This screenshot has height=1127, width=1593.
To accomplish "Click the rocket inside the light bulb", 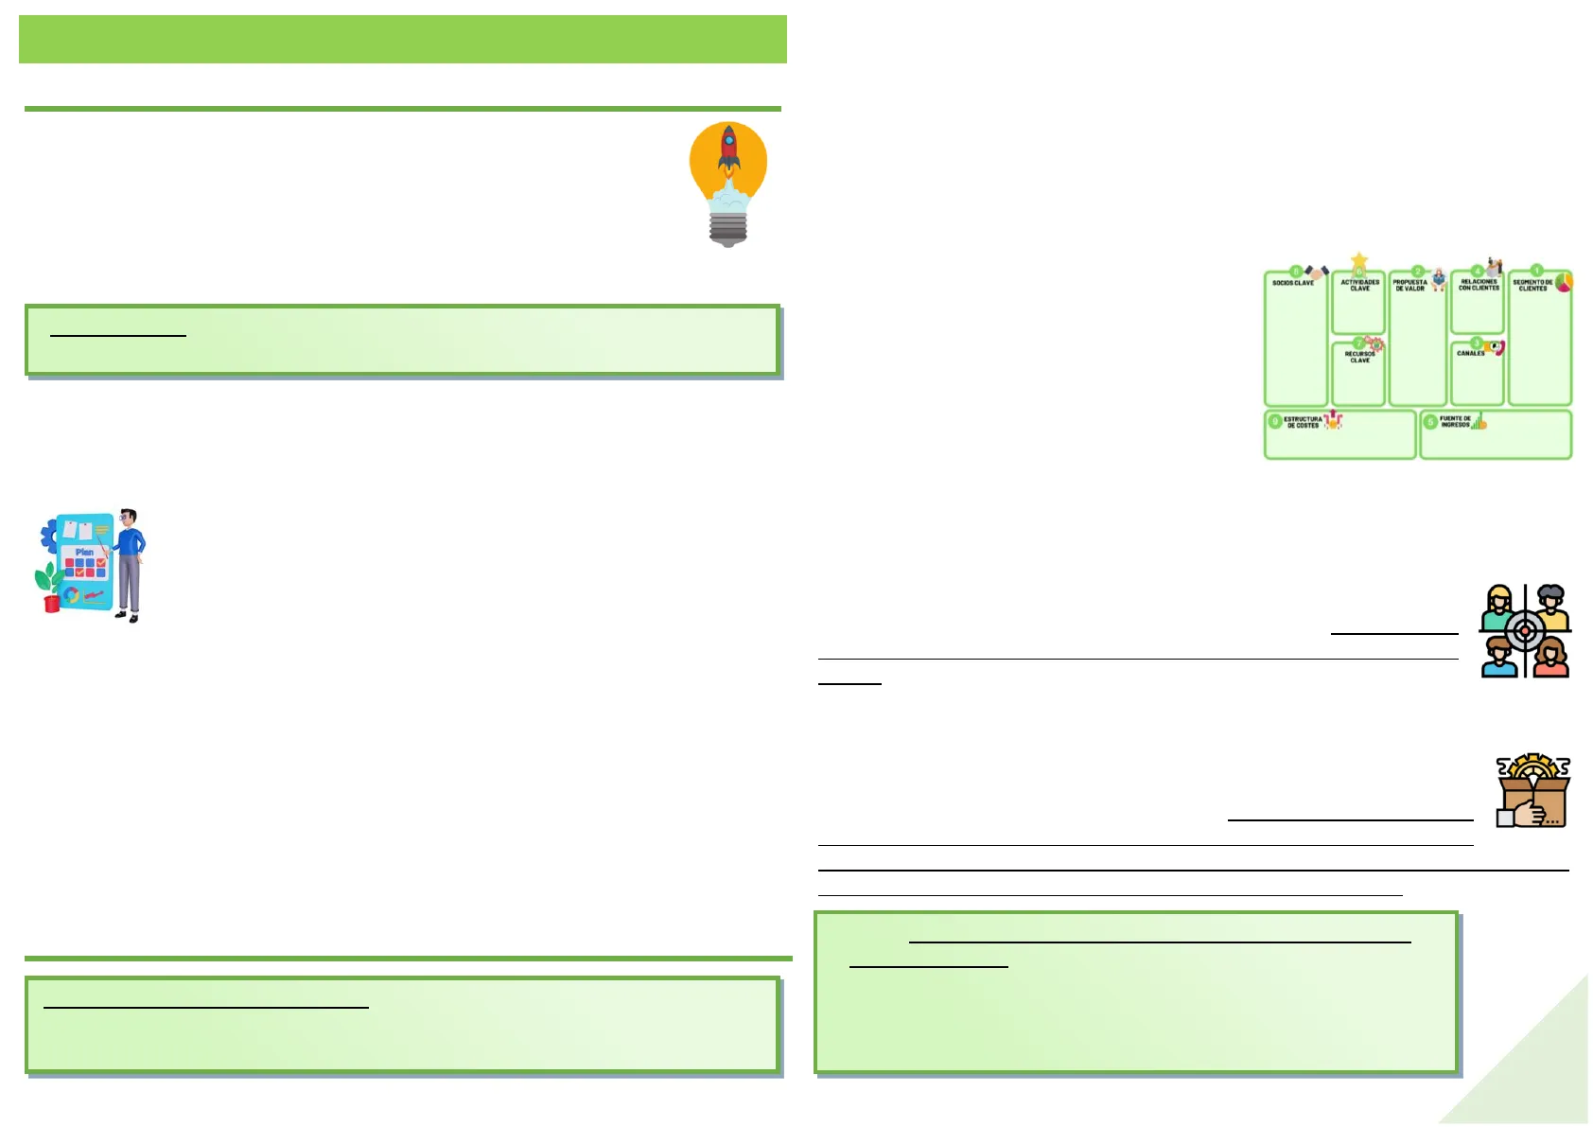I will pos(728,151).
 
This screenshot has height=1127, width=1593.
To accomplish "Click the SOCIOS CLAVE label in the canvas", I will pos(1292,283).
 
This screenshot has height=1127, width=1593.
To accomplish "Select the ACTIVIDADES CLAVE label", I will pos(1359,285).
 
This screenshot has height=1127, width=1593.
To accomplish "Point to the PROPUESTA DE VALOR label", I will pos(1409,285).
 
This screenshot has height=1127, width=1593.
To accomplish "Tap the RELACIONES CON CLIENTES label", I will pos(1479,285).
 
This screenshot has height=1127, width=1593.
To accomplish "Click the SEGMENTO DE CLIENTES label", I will pos(1532,285).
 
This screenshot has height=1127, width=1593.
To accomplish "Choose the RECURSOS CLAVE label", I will pos(1359,357).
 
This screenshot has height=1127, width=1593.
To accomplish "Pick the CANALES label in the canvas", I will pos(1470,353).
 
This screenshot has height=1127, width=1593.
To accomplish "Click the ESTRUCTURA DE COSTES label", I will pos(1303,422).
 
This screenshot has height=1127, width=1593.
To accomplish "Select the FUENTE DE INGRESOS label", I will pos(1455,422).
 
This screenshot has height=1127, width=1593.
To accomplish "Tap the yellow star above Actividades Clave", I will pos(1359,260).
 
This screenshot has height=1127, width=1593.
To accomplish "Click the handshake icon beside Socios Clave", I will pos(1317,273).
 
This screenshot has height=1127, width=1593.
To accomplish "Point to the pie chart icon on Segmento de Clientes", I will pos(1564,282).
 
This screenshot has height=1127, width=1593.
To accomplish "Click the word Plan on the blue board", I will pos(84,552).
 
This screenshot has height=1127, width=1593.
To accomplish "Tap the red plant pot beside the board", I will pos(52,603).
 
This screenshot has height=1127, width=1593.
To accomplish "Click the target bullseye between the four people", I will pos(1525,630).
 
